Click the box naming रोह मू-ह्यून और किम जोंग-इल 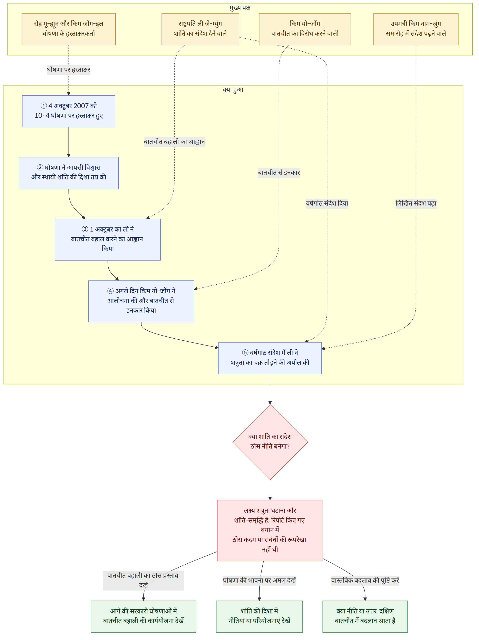click(x=69, y=29)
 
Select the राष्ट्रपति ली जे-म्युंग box click(x=200, y=29)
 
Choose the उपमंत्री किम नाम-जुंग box click(x=416, y=29)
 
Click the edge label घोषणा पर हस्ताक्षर click(x=69, y=70)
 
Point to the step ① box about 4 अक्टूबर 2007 click(x=69, y=111)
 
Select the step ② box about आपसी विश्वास click(x=69, y=173)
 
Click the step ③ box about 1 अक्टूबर click(x=108, y=239)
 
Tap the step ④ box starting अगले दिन click(x=141, y=301)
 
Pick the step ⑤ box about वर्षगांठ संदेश click(x=270, y=358)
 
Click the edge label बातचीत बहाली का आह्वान click(x=174, y=142)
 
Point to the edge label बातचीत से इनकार click(x=279, y=173)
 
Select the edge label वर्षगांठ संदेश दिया click(x=327, y=203)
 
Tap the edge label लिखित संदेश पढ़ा click(x=416, y=203)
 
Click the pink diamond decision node click(x=270, y=442)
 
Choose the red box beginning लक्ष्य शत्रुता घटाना click(x=270, y=530)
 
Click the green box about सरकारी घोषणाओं click(x=143, y=616)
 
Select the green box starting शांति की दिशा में click(x=259, y=616)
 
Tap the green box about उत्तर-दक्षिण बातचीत click(x=365, y=616)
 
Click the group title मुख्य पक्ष click(x=240, y=8)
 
